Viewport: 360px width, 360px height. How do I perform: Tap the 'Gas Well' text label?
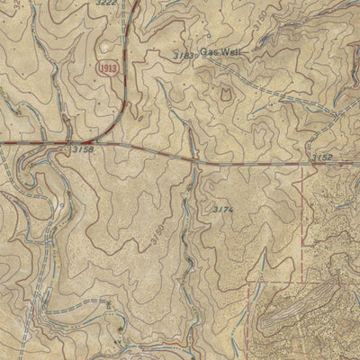[x=216, y=52]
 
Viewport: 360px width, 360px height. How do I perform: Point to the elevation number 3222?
[x=106, y=4]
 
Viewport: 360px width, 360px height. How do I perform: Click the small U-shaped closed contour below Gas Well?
[x=226, y=92]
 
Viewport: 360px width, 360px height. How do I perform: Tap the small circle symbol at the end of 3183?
[x=196, y=56]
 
